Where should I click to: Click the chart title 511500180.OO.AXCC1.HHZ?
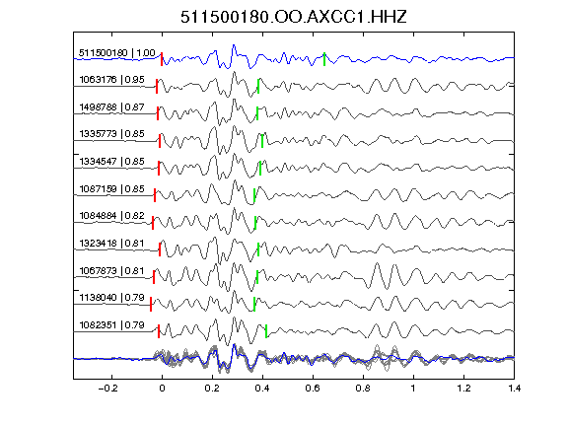pos(294,17)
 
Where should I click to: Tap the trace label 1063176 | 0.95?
pos(111,80)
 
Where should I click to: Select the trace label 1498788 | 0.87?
pos(111,107)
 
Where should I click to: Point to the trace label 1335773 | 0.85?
pos(111,134)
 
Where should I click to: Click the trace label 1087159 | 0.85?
pos(111,189)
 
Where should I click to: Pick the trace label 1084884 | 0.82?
pos(111,216)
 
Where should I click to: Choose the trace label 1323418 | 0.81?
pos(111,243)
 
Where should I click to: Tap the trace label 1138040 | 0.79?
pos(111,298)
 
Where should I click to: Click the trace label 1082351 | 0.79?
pos(111,325)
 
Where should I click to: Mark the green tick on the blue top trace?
pos(324,59)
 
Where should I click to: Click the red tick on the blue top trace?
pos(162,59)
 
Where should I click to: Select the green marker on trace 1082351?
pos(266,331)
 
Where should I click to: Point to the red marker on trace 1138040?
pos(151,304)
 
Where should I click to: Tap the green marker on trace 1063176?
pos(258,86)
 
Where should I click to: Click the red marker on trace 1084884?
pos(153,223)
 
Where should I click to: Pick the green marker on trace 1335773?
pos(262,141)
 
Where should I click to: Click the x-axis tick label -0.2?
pos(107,389)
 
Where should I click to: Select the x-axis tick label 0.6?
pos(313,389)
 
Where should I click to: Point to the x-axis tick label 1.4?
pos(514,389)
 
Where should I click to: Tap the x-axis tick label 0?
pos(162,389)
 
